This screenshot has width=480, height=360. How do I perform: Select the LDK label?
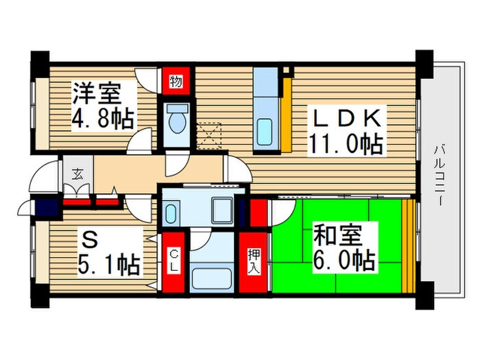coord(347,117)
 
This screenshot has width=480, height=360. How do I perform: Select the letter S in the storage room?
coord(87,239)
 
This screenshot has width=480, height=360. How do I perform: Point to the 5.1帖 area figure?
coord(109,263)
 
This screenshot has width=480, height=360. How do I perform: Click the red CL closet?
coord(173,261)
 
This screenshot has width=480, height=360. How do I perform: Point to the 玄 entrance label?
coord(72,172)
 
